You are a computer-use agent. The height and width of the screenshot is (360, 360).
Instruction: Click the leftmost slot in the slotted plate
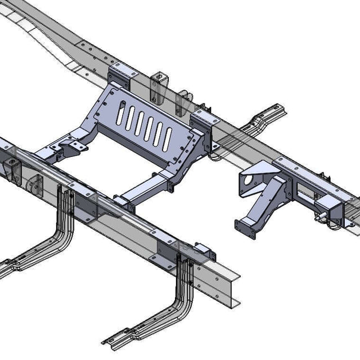[120, 115]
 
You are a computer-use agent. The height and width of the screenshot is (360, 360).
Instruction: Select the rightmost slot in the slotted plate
[168, 138]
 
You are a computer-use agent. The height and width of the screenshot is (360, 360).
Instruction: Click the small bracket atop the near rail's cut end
[203, 250]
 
